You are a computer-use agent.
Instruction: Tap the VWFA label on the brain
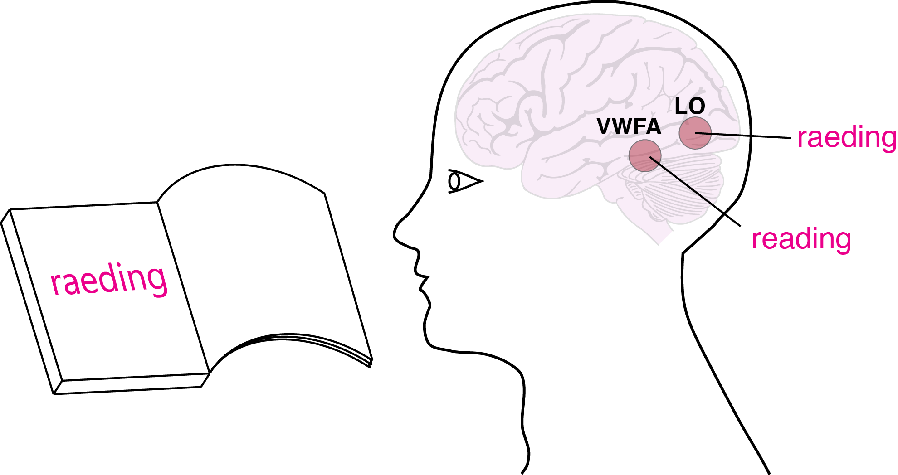click(629, 126)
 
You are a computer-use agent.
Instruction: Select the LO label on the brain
click(689, 107)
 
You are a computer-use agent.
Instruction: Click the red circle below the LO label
click(694, 133)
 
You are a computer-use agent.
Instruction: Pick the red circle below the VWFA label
click(644, 155)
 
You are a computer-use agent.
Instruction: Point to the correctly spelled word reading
click(801, 239)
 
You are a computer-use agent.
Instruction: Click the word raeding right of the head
click(846, 137)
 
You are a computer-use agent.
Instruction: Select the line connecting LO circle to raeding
click(748, 136)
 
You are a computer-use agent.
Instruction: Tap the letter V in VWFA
click(605, 126)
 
